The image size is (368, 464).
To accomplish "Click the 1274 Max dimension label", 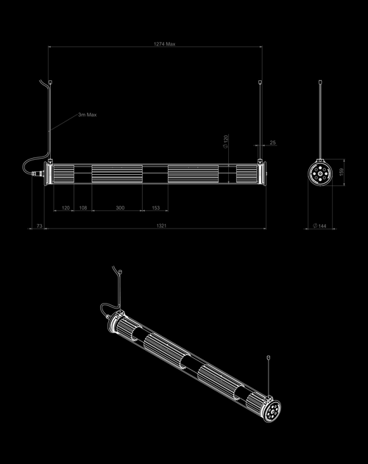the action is click(164, 44).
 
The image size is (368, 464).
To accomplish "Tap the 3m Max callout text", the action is click(88, 115).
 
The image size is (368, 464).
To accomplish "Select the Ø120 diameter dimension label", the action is click(226, 141).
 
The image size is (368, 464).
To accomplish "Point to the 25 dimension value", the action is click(272, 143).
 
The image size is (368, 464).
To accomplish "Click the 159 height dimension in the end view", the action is click(341, 172).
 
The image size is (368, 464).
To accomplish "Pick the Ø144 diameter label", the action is click(320, 226).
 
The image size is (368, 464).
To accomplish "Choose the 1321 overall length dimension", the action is click(161, 226).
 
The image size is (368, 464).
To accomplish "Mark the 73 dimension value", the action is click(40, 226).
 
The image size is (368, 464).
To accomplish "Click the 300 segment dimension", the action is click(120, 208).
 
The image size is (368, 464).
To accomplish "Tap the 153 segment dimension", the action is click(156, 208).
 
